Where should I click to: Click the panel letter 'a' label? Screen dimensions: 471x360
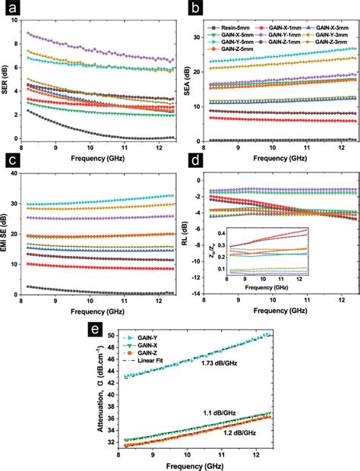click(x=11, y=11)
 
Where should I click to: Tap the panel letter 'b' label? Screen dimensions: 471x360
click(x=194, y=11)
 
